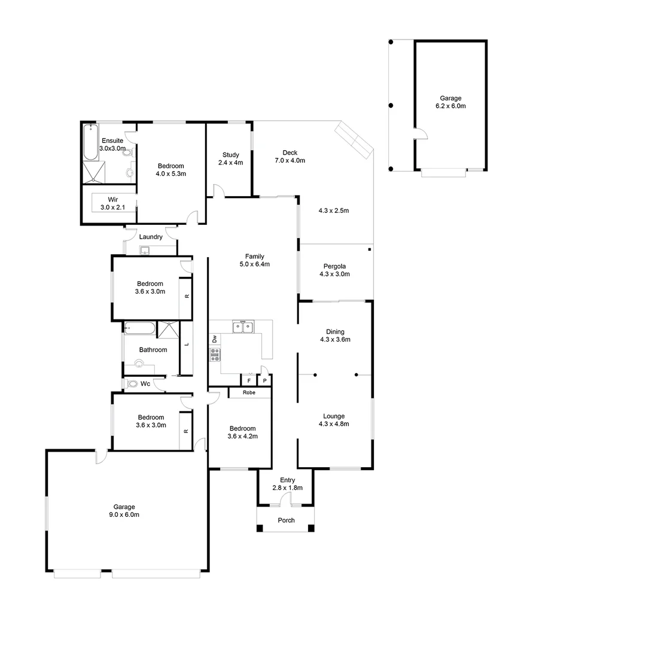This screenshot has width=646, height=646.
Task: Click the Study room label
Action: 230,159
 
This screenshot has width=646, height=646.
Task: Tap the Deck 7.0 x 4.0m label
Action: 290,157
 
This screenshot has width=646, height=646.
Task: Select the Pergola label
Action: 335,270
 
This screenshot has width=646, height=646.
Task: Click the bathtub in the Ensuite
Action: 90,142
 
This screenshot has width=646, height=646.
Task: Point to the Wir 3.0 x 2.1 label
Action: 112,203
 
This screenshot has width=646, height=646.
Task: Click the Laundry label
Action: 151,237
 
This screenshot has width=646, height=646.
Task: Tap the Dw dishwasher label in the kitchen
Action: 214,339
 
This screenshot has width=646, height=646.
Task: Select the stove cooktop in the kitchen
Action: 215,355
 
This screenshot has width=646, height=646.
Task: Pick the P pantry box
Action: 264,380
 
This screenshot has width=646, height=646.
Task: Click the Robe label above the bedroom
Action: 249,393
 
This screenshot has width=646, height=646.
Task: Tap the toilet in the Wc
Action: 132,384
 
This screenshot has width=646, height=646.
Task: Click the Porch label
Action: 287,520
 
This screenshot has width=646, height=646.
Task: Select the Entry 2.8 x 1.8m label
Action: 291,484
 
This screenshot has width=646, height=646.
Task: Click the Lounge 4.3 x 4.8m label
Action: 334,420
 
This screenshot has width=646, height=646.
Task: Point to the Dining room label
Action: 335,336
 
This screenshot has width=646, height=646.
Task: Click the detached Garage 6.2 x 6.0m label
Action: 450,102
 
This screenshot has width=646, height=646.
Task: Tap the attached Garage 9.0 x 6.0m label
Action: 124,511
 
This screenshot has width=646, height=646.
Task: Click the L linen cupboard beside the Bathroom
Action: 187,345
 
